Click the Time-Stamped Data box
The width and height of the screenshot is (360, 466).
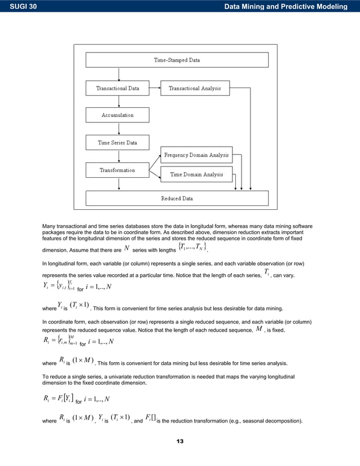[177, 60]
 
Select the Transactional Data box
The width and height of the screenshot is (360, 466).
[117, 88]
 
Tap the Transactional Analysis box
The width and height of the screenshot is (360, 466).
[195, 88]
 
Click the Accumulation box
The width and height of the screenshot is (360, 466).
[117, 115]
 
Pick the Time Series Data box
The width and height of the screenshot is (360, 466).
[117, 143]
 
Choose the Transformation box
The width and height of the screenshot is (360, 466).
[117, 170]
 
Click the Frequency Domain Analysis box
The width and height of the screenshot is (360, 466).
[196, 155]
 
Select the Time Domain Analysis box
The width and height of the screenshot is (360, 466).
[196, 174]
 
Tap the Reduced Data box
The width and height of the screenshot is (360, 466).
[177, 199]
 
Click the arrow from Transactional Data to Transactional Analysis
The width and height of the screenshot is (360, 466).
[155, 88]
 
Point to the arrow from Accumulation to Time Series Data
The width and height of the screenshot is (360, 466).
[118, 129]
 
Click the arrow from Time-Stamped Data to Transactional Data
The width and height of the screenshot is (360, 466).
[118, 74]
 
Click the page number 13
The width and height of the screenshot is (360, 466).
[180, 441]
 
